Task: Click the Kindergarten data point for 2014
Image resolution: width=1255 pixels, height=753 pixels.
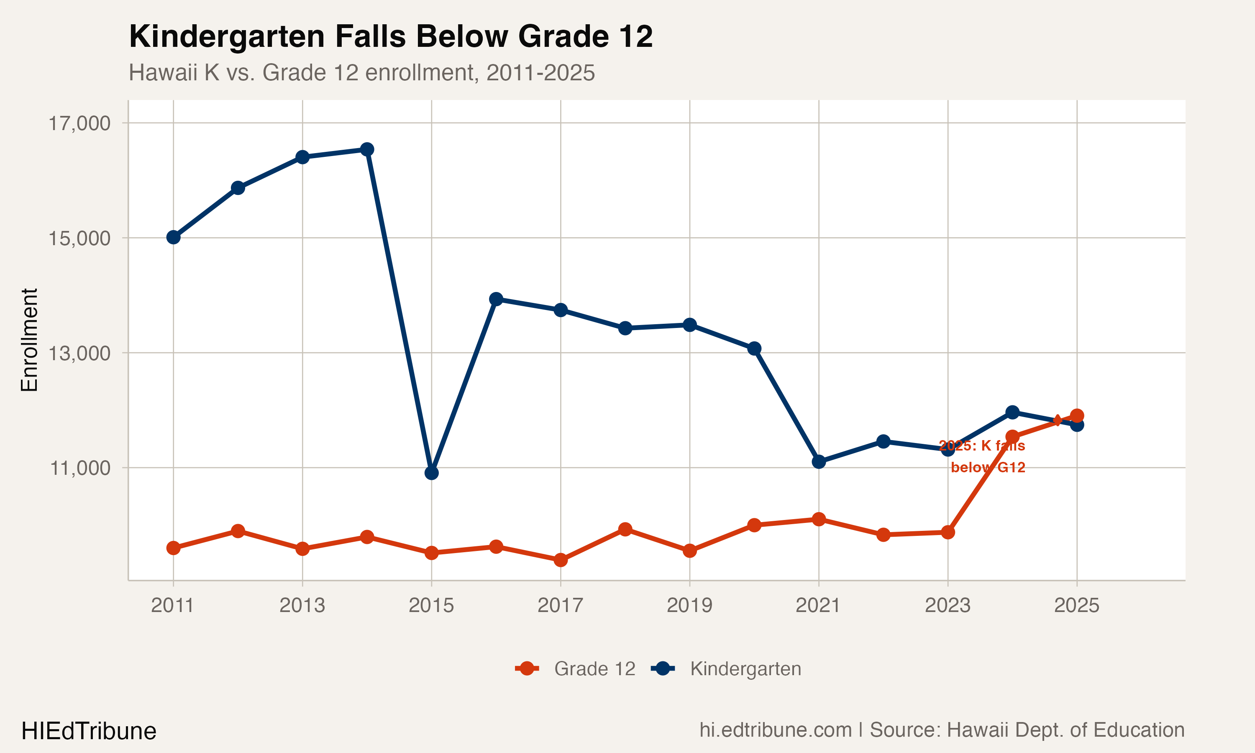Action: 367,149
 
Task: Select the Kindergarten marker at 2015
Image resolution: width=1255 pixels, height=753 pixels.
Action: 431,473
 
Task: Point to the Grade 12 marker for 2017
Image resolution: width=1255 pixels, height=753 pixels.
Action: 561,560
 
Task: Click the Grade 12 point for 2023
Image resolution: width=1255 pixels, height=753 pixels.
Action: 948,532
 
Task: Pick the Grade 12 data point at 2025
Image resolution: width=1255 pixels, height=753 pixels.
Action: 1076,415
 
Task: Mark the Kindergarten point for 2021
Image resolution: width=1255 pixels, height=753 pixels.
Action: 819,461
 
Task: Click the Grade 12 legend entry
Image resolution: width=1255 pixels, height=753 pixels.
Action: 576,669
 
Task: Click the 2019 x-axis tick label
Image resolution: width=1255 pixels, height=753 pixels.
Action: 689,605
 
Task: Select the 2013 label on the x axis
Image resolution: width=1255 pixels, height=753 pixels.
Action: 302,605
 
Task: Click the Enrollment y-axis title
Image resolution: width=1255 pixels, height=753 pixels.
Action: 29,340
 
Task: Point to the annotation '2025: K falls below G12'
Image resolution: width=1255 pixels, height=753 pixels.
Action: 982,456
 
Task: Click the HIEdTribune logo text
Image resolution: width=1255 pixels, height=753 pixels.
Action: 89,731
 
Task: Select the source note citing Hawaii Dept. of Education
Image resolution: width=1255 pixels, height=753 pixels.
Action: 942,730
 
